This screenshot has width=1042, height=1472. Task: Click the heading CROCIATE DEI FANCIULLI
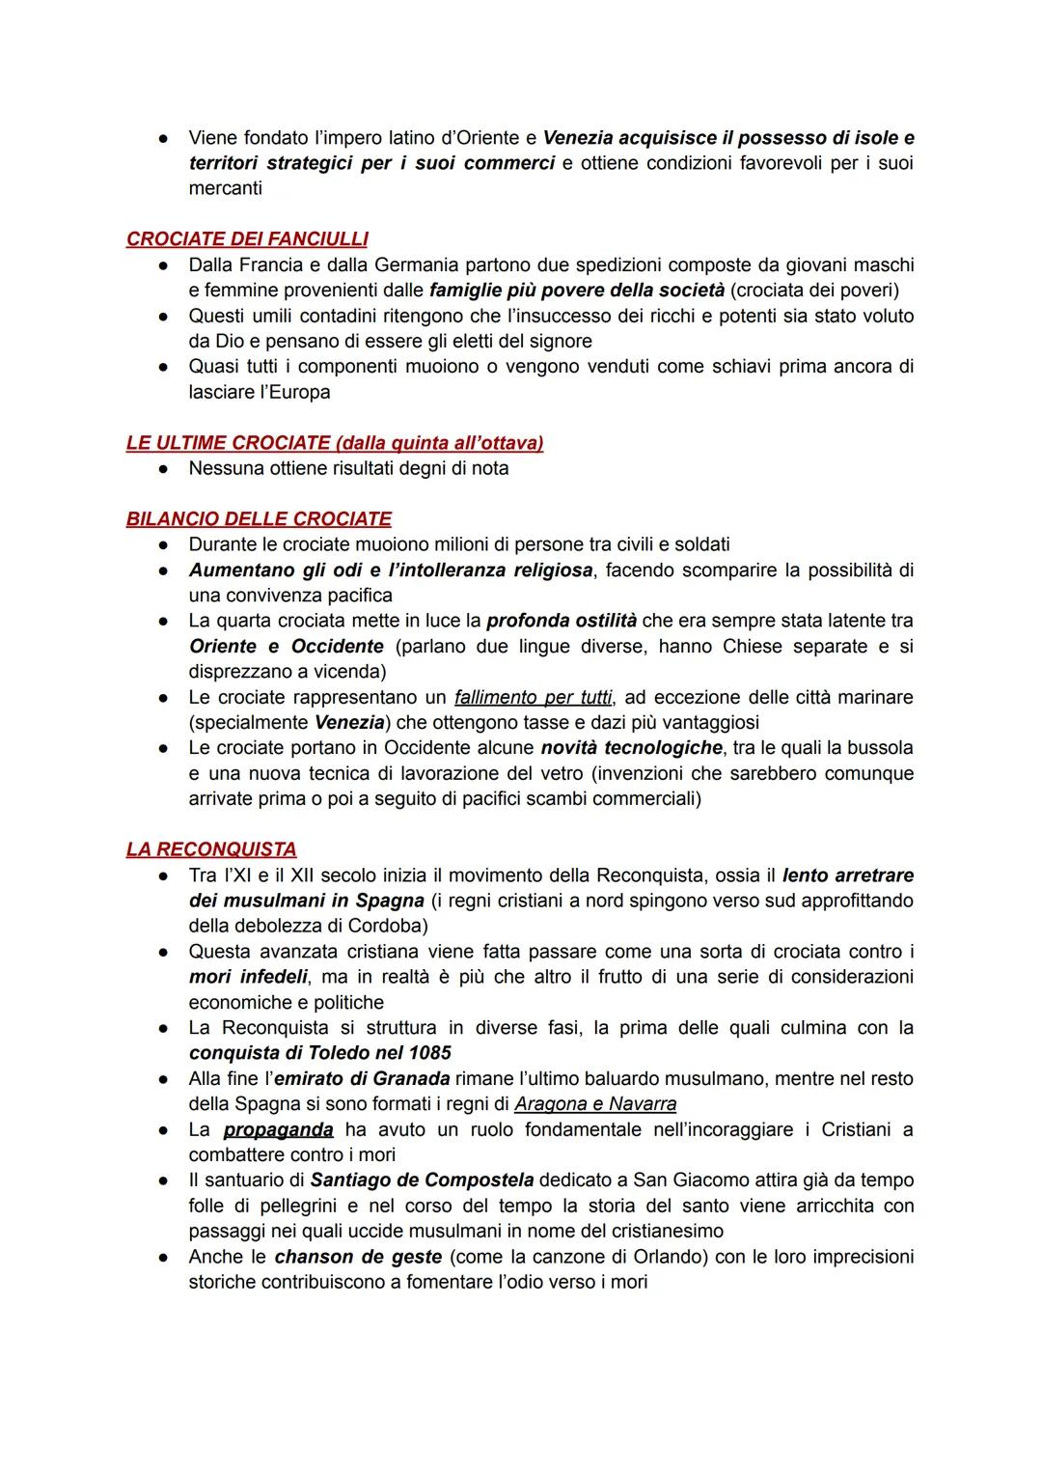coord(247,238)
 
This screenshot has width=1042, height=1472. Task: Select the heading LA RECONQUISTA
coord(211,849)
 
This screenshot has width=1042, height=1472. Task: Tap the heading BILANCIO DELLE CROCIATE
coord(259,518)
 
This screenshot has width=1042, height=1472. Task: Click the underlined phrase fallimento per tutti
coord(533,697)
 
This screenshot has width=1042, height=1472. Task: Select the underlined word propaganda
coord(278,1129)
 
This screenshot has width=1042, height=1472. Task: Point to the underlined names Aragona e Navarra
coord(595,1104)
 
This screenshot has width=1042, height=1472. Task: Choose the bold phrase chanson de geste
coord(358,1257)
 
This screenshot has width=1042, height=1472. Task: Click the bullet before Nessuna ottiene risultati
coord(165,469)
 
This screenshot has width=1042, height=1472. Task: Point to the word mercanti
coord(225,188)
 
